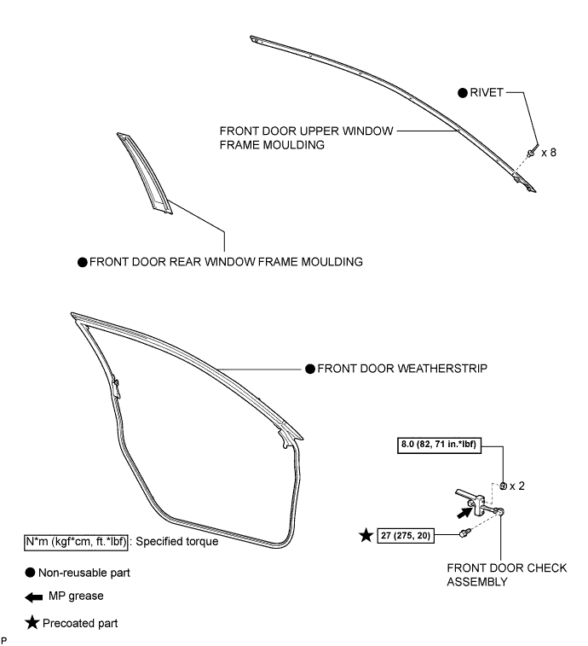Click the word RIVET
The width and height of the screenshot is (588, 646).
(x=487, y=93)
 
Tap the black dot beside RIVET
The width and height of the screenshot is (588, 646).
(x=463, y=93)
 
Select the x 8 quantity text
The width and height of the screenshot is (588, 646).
(x=549, y=153)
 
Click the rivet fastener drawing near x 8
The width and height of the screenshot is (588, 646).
(x=531, y=154)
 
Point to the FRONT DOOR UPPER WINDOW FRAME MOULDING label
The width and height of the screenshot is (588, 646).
(x=307, y=138)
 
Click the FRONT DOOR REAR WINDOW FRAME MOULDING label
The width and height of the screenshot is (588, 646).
(x=226, y=262)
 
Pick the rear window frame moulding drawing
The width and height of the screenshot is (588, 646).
(x=145, y=173)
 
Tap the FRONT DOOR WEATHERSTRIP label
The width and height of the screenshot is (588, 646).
(x=402, y=369)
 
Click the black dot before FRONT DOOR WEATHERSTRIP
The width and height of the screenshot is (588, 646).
(x=310, y=369)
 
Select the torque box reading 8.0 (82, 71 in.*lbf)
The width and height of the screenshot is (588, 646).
(x=439, y=445)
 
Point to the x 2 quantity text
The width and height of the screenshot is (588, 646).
(x=517, y=486)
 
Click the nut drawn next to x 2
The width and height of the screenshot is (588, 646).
(x=503, y=486)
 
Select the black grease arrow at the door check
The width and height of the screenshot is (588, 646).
(x=464, y=513)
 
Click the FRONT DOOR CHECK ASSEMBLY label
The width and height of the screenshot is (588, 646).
(x=507, y=574)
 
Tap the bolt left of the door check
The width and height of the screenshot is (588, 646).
(x=464, y=533)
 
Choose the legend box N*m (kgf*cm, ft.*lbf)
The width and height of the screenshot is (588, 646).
(x=76, y=541)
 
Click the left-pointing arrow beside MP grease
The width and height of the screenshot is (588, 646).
(x=34, y=597)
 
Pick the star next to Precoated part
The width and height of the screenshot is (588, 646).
(x=32, y=623)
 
